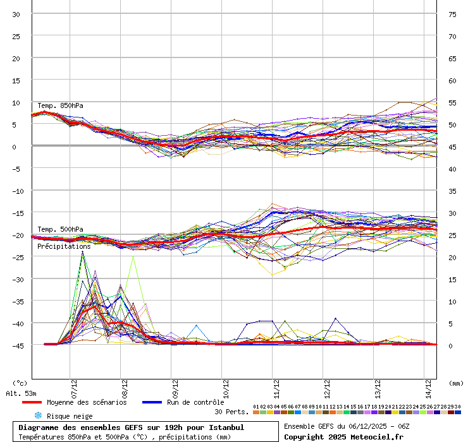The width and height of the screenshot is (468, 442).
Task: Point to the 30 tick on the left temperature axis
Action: [x=16, y=14]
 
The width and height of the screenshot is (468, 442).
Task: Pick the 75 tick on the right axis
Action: [x=452, y=14]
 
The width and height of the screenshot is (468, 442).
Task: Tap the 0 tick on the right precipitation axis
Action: [x=451, y=345]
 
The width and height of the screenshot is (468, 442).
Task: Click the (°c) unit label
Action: [x=20, y=383]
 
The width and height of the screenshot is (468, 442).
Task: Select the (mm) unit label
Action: [x=455, y=383]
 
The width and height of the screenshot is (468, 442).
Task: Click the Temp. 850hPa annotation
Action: [x=60, y=105]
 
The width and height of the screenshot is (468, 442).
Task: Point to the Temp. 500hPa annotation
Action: [x=60, y=229]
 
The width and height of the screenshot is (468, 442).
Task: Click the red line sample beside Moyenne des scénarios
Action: [x=32, y=402]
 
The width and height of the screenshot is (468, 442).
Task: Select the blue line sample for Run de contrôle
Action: [x=152, y=402]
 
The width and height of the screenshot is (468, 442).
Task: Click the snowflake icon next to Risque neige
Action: [x=37, y=415]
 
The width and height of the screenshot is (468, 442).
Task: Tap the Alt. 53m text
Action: [x=21, y=393]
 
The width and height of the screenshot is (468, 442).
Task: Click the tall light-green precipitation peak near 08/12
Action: [x=133, y=257]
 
